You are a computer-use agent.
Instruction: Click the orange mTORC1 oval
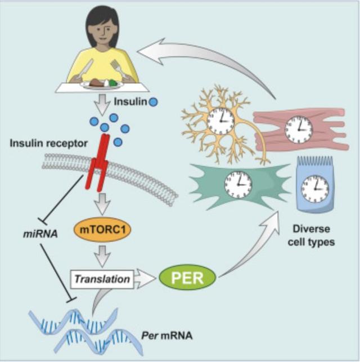point(102,230)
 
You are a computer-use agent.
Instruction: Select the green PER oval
point(187,278)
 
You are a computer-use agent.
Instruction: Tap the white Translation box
point(102,279)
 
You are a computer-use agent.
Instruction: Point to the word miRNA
point(40,234)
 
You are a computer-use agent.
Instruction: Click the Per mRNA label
point(166,336)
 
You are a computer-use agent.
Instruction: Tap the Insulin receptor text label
point(49,144)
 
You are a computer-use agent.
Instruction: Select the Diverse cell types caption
point(311,235)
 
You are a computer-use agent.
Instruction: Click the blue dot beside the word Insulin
point(153,102)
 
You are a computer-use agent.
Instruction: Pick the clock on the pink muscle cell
point(299,129)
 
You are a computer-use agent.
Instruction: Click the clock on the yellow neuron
point(221,121)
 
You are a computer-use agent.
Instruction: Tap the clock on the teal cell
point(238,185)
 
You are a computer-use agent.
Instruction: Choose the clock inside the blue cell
point(315,189)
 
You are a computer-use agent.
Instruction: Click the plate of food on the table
point(102,84)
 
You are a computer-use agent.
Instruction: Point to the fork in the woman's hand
point(119,69)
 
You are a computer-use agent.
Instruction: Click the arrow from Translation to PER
point(145,279)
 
